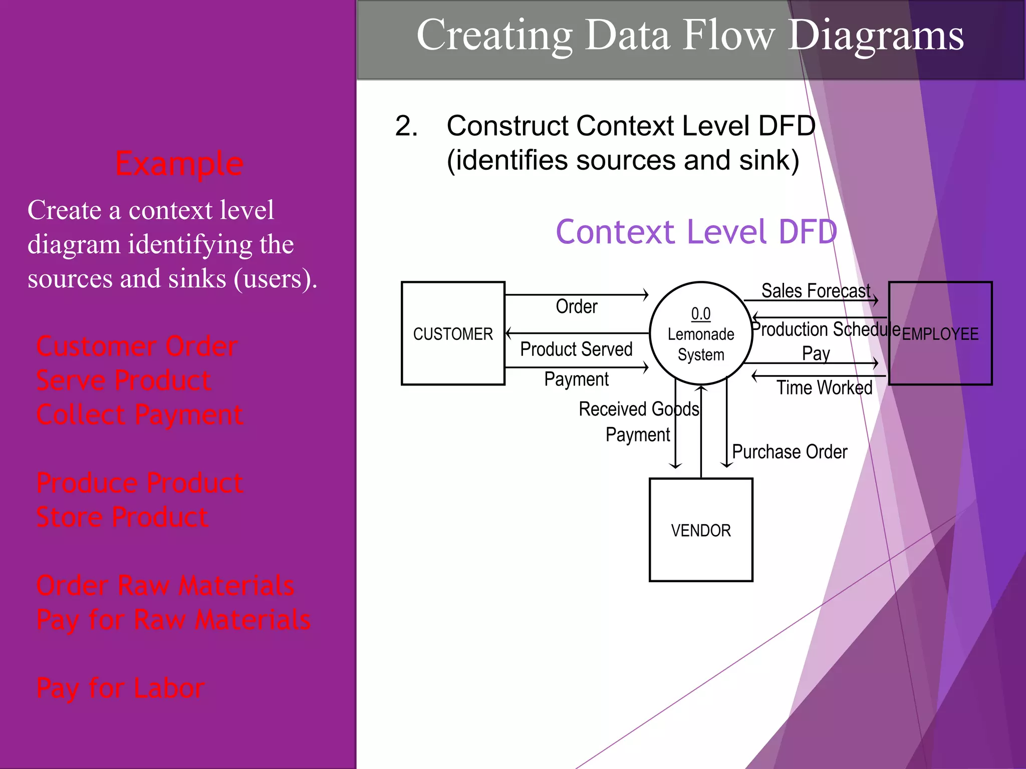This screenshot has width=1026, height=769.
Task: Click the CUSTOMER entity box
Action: (x=453, y=333)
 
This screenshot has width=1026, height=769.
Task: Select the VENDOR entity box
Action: (x=701, y=530)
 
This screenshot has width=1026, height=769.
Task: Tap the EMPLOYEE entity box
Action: (x=940, y=334)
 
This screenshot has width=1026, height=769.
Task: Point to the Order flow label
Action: (x=577, y=306)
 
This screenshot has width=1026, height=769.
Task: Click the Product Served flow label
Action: (x=576, y=349)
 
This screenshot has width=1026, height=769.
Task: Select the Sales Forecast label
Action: (x=816, y=291)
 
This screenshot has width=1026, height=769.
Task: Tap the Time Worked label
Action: (x=824, y=388)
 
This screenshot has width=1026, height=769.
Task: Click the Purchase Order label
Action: (x=790, y=452)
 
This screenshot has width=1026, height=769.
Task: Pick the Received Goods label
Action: (x=639, y=409)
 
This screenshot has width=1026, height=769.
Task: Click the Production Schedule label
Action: (x=826, y=329)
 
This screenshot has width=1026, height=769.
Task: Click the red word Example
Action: (x=179, y=164)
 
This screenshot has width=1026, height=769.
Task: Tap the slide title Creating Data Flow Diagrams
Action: (x=690, y=35)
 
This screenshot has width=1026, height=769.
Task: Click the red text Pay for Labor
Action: (x=120, y=688)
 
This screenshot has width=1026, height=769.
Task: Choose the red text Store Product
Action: (x=122, y=517)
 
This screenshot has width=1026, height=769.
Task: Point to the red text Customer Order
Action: (x=137, y=346)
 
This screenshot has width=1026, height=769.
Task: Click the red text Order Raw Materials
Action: (x=165, y=585)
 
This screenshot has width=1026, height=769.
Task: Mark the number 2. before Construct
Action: (x=406, y=126)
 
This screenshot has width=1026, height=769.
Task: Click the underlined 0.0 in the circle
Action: (x=701, y=313)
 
